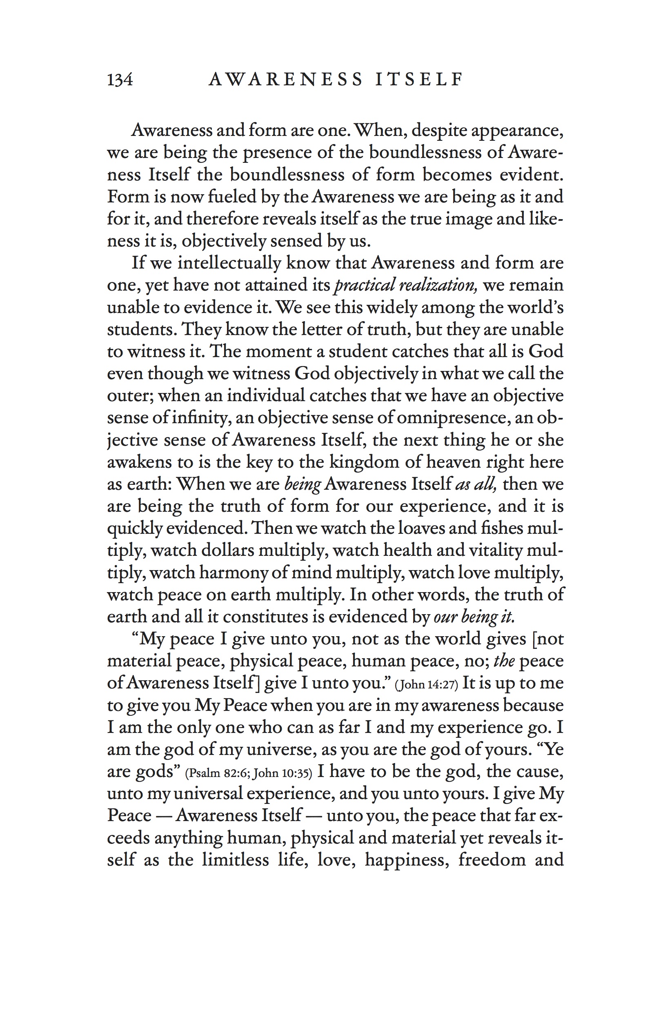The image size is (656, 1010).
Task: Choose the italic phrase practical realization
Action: pyautogui.click(x=406, y=285)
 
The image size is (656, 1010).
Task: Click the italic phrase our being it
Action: pyautogui.click(x=474, y=617)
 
